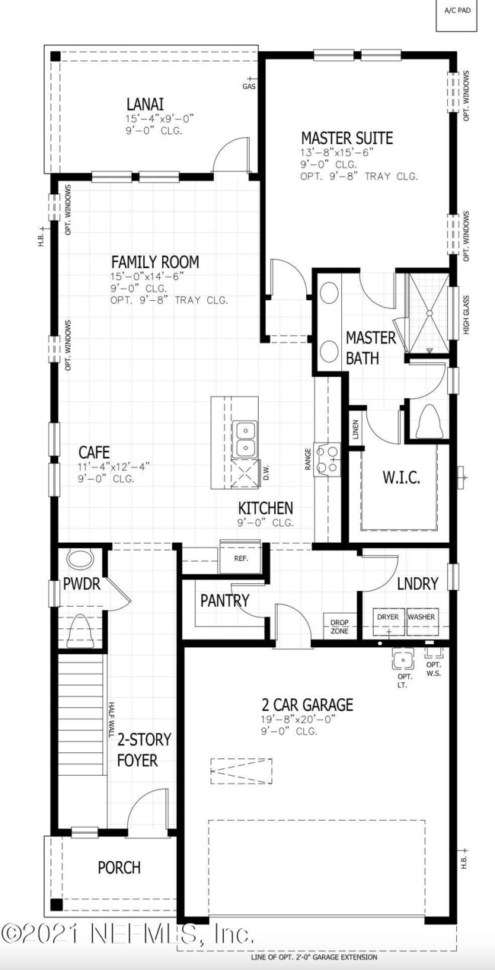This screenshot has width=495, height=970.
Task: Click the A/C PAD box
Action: tap(456, 15)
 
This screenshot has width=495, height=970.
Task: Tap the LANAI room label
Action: tap(145, 104)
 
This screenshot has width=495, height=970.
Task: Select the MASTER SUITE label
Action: tap(346, 138)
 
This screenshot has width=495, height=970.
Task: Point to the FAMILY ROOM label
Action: tap(155, 262)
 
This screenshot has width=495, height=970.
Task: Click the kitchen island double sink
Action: tap(246, 438)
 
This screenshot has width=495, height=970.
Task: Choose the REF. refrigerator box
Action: tap(241, 558)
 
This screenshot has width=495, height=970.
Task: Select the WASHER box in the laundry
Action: tap(421, 617)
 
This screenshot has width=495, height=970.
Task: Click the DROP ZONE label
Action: tap(339, 627)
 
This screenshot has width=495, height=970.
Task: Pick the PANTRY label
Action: tap(225, 601)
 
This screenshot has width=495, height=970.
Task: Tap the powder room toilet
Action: tap(78, 629)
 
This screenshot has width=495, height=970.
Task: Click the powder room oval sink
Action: tap(78, 560)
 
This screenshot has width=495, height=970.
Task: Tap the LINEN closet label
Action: tap(355, 430)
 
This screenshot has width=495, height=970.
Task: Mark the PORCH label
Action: tap(119, 867)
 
